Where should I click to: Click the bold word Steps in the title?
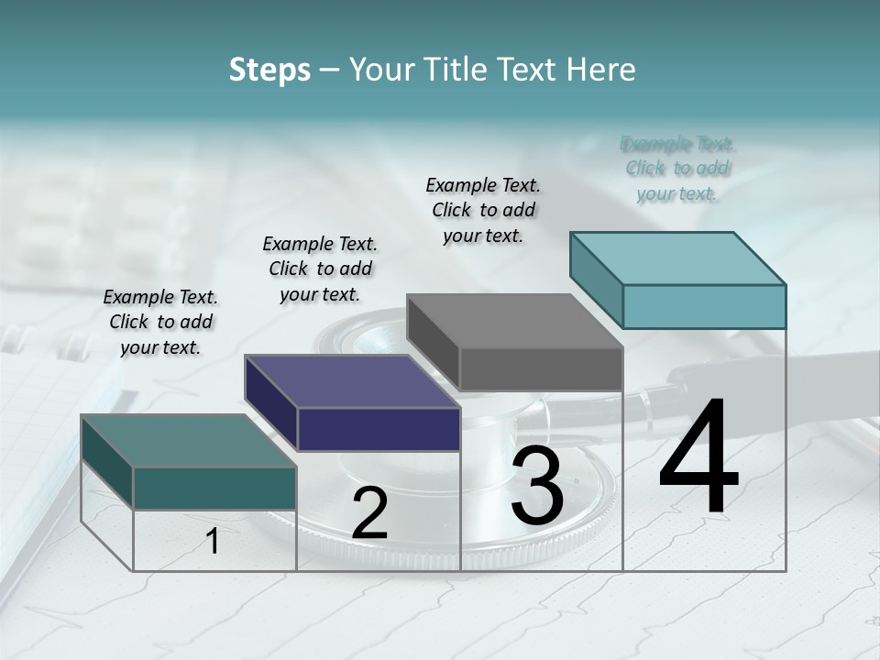pyautogui.click(x=269, y=70)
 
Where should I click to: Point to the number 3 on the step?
pyautogui.click(x=537, y=486)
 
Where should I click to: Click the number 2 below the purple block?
pyautogui.click(x=369, y=513)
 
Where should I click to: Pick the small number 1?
pyautogui.click(x=213, y=541)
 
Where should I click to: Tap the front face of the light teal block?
pyautogui.click(x=704, y=306)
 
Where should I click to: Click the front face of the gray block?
pyautogui.click(x=541, y=368)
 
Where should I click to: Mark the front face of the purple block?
pyautogui.click(x=379, y=429)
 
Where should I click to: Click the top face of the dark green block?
pyautogui.click(x=189, y=440)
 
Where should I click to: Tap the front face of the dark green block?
pyautogui.click(x=214, y=488)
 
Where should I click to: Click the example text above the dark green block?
pyautogui.click(x=160, y=322)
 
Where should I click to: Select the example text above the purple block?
pyautogui.click(x=320, y=269)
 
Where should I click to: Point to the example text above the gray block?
pyautogui.click(x=483, y=210)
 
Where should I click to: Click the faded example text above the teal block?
pyautogui.click(x=677, y=169)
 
